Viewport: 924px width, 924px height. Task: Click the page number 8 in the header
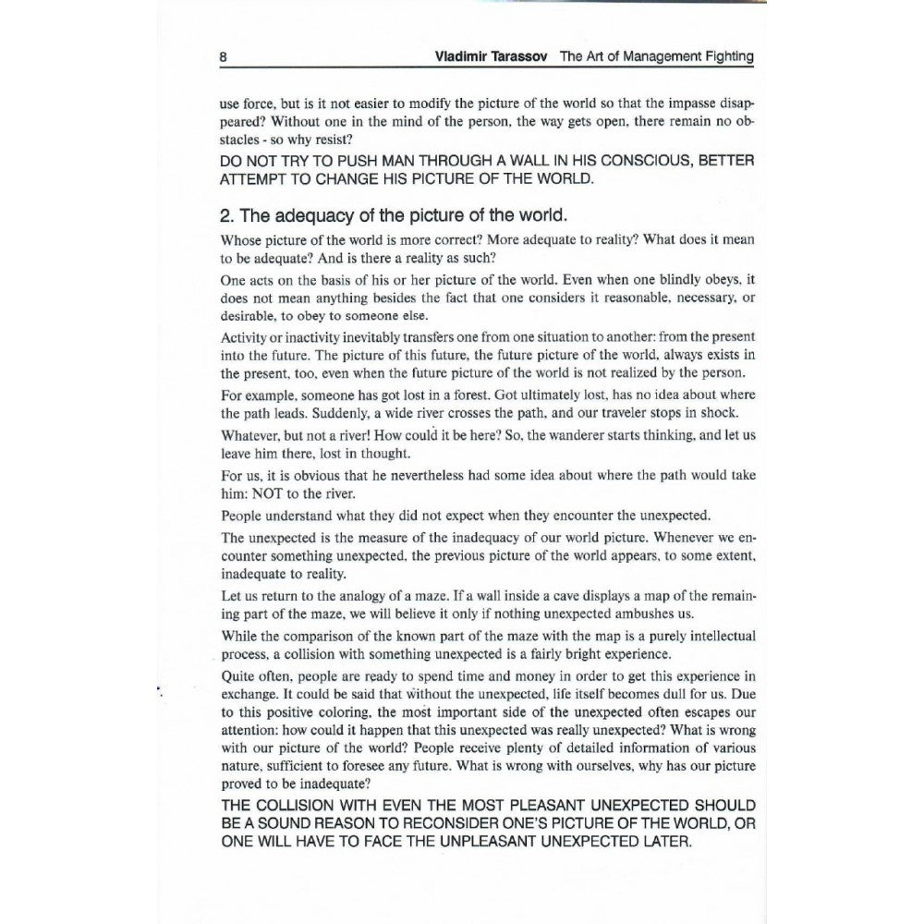[224, 56]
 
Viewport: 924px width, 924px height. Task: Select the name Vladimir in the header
[464, 56]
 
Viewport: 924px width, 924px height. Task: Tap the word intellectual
[715, 636]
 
